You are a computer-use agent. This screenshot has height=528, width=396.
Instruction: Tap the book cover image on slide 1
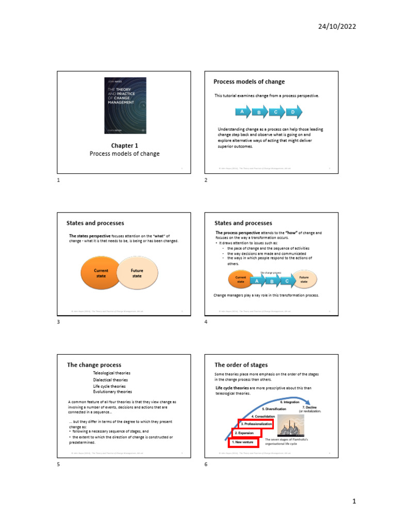tap(125, 107)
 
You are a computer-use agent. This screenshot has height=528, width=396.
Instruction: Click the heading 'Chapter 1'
tap(125, 146)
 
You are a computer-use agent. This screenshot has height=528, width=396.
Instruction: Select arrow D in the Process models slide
tap(293, 112)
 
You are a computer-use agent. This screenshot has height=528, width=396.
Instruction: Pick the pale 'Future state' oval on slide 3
tap(137, 273)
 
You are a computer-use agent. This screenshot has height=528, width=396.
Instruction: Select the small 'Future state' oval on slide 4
tap(304, 279)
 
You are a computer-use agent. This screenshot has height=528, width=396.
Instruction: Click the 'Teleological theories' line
tap(111, 373)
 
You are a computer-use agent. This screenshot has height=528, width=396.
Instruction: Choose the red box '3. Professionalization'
tap(256, 424)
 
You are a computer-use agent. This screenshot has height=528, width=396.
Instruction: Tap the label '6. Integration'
tap(290, 402)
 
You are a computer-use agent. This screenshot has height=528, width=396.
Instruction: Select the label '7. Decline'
tap(310, 407)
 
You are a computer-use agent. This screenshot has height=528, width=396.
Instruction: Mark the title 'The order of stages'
tap(241, 365)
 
